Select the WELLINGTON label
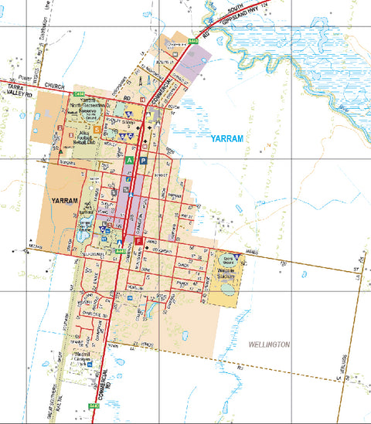click(x=268, y=344)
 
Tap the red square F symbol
click(x=138, y=242)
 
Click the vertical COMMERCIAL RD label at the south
click(x=109, y=378)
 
